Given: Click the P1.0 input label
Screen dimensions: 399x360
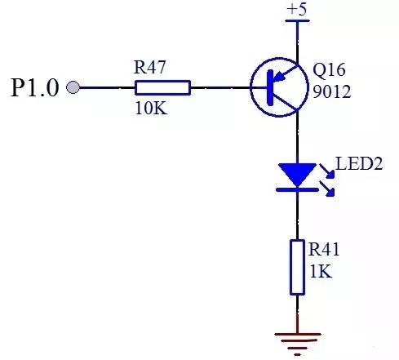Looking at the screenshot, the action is (x=35, y=87).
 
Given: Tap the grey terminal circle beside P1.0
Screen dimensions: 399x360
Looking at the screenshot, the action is (x=73, y=87).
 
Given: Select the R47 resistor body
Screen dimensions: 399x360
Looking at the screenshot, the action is (x=162, y=87).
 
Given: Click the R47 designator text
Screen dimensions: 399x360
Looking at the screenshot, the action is (x=149, y=67).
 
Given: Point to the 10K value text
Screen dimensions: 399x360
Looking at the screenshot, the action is (x=151, y=109).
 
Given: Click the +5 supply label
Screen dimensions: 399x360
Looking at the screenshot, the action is (x=297, y=9).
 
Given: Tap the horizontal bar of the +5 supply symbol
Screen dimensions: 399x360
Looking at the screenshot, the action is (x=297, y=20).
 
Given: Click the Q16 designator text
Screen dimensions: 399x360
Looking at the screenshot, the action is (x=329, y=69).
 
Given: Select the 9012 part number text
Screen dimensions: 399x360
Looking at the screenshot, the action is (x=332, y=91).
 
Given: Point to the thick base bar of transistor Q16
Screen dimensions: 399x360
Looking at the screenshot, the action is (x=270, y=87).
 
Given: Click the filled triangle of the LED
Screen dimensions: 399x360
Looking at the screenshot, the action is (x=297, y=175).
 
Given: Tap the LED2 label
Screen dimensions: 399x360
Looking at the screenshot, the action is (x=359, y=163).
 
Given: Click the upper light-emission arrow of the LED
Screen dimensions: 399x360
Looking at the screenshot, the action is (x=327, y=171).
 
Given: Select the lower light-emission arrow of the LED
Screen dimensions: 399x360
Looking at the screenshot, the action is (x=327, y=189).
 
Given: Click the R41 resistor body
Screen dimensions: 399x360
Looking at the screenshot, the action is (x=297, y=267).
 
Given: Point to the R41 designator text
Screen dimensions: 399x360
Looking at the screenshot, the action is (x=324, y=249).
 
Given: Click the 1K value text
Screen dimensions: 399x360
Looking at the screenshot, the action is (x=321, y=271).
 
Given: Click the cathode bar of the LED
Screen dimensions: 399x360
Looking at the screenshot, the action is (x=297, y=189).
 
